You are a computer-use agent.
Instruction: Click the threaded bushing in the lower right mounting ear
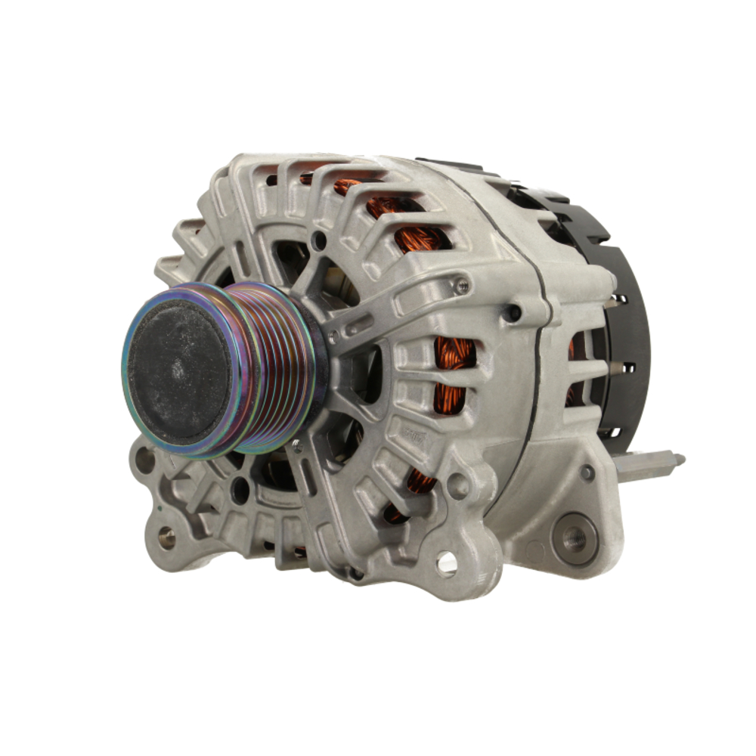[574, 538]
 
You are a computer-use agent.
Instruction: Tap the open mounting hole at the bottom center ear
[447, 561]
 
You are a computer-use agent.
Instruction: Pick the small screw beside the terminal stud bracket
[587, 473]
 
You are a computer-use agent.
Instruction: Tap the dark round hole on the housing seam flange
[514, 312]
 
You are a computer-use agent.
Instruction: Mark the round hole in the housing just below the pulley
[240, 490]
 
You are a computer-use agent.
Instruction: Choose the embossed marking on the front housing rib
[412, 436]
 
